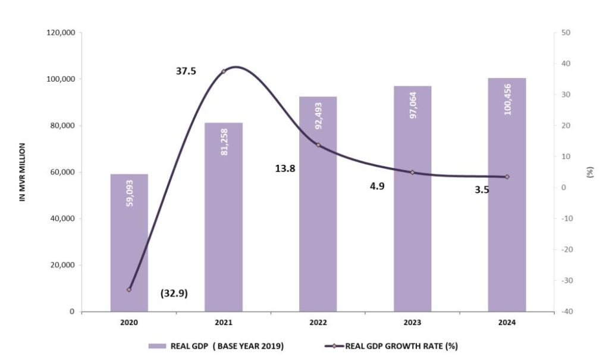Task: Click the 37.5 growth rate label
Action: coord(186,71)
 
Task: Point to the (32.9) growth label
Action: coord(174,293)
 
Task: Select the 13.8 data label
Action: coord(285,168)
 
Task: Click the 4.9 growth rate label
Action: coord(376,186)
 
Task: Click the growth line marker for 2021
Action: coord(224,71)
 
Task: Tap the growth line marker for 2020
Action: coord(129,290)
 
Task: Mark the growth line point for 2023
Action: coord(412,173)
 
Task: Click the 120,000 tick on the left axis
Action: coord(60,33)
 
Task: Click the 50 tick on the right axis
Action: coord(566,33)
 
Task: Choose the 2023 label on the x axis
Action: coord(412,323)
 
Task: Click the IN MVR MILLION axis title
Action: coord(23,172)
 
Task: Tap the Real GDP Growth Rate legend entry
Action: coord(393,345)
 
